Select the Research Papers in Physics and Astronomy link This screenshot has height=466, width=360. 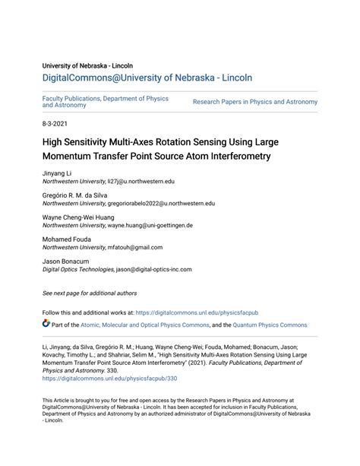[254, 101]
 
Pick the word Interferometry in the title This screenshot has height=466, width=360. [236, 156]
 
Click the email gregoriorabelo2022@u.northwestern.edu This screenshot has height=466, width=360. [161, 204]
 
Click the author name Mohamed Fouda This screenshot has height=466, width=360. [65, 240]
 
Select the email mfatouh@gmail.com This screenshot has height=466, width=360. [134, 247]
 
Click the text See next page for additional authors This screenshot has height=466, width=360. [90, 293]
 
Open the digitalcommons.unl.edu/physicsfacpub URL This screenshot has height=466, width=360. [205, 312]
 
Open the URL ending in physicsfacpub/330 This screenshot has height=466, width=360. [109, 378]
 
